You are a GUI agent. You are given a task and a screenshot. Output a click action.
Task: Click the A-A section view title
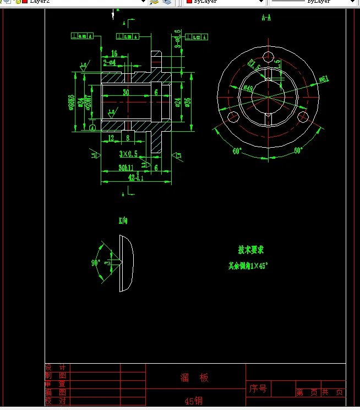pos(266,18)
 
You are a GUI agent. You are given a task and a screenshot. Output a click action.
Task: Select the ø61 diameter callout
pos(324,79)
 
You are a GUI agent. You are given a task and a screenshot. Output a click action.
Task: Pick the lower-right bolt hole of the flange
pos(304,117)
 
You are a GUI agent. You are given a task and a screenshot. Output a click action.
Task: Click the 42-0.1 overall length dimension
pos(135,178)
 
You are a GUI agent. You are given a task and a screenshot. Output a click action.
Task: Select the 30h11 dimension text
pos(128,168)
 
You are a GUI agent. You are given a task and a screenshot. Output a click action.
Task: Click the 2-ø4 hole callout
pos(109,62)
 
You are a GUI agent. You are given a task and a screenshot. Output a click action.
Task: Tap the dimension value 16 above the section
pos(114,53)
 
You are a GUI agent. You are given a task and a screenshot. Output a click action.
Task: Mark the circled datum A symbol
pos(91,128)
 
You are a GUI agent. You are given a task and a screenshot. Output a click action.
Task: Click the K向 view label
pos(123,220)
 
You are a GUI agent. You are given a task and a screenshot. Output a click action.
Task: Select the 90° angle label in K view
pos(95,263)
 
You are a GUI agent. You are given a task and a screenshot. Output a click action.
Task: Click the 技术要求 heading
pos(251,250)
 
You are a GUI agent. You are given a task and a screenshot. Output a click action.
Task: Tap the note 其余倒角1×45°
pos(248,266)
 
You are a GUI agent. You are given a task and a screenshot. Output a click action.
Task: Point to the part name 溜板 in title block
pos(195,378)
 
